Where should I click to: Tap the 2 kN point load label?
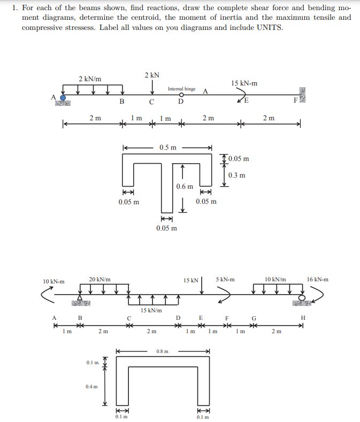pyautogui.click(x=152, y=75)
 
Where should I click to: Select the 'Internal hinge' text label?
pyautogui.click(x=181, y=89)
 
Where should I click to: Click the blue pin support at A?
pyautogui.click(x=63, y=98)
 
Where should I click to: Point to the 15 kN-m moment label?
pyautogui.click(x=244, y=83)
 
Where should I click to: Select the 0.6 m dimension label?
pyautogui.click(x=185, y=186)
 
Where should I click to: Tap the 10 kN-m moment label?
pyautogui.click(x=53, y=281)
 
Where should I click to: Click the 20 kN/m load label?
pyautogui.click(x=100, y=279)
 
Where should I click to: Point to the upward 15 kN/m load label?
pyautogui.click(x=151, y=310)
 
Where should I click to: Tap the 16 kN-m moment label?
pyautogui.click(x=318, y=279)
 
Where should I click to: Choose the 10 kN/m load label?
pyautogui.click(x=275, y=279)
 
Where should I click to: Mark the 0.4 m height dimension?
pyautogui.click(x=91, y=386)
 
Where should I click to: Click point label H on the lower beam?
pyautogui.click(x=303, y=319)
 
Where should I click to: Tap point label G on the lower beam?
pyautogui.click(x=254, y=319)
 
